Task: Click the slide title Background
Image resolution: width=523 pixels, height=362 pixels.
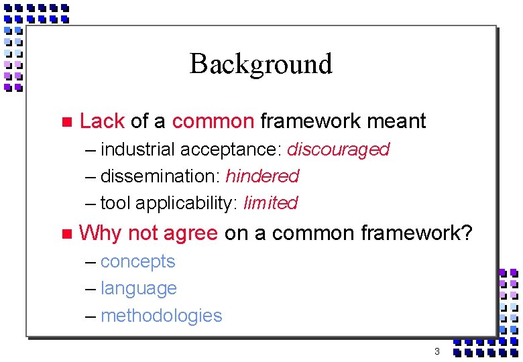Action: (261, 64)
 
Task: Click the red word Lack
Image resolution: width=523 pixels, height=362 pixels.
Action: (102, 121)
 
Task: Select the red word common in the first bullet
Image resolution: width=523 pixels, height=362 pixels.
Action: (213, 121)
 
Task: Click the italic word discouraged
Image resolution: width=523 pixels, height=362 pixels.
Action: (338, 149)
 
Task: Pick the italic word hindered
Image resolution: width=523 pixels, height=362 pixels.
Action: (262, 176)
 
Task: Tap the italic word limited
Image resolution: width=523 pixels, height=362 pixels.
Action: (270, 203)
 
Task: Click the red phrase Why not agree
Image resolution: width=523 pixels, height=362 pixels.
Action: (148, 233)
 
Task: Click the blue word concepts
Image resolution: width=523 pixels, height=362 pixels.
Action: (137, 261)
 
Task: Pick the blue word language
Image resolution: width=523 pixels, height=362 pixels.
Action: (138, 289)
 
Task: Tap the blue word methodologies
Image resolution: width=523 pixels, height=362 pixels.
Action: (161, 316)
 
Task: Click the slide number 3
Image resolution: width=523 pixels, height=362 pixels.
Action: (437, 352)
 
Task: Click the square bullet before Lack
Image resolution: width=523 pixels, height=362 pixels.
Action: (65, 122)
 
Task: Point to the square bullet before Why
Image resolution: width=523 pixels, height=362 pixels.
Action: (65, 234)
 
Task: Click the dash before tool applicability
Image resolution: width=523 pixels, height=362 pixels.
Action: (91, 204)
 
